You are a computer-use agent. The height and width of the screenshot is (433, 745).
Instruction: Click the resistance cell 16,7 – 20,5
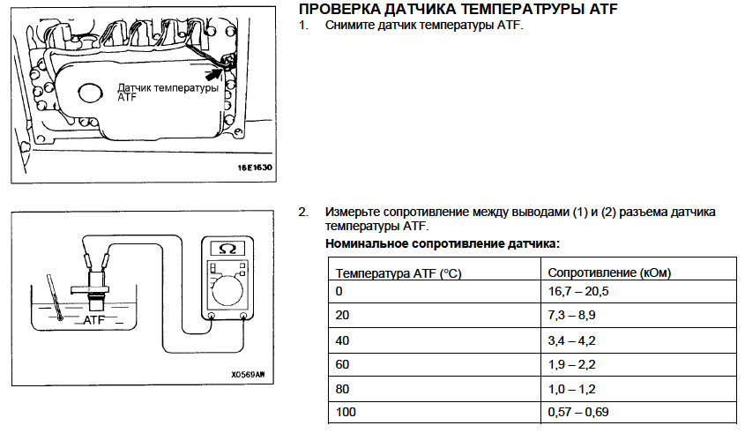(x=577, y=291)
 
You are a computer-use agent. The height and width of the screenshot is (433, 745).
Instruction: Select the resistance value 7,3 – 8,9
(x=571, y=315)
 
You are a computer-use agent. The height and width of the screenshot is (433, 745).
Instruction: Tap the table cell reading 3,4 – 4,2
(x=571, y=340)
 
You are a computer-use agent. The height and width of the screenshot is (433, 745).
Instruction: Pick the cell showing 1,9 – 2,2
(x=571, y=364)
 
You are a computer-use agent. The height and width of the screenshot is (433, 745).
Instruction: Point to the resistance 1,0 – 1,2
(x=571, y=389)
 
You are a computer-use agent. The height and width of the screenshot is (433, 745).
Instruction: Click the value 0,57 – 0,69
(x=577, y=412)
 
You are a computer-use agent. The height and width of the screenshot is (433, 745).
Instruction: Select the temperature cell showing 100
(x=346, y=412)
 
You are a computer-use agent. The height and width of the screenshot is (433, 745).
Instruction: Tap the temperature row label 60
(x=342, y=364)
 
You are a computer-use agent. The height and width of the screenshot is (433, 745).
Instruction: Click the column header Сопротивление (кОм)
(x=609, y=272)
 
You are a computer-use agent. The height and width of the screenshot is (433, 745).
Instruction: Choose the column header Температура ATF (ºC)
(x=399, y=273)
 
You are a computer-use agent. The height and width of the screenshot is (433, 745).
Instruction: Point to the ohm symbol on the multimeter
(x=227, y=248)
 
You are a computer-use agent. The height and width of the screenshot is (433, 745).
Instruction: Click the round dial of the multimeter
(x=227, y=290)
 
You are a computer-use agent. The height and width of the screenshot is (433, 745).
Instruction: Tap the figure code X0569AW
(x=248, y=375)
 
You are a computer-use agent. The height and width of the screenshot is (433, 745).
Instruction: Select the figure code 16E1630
(x=255, y=168)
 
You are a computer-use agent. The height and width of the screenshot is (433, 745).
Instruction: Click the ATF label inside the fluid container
(x=93, y=320)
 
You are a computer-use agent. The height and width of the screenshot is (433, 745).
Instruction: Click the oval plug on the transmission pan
(x=90, y=93)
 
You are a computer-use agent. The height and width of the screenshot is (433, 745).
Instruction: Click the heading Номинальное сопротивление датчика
(x=443, y=243)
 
